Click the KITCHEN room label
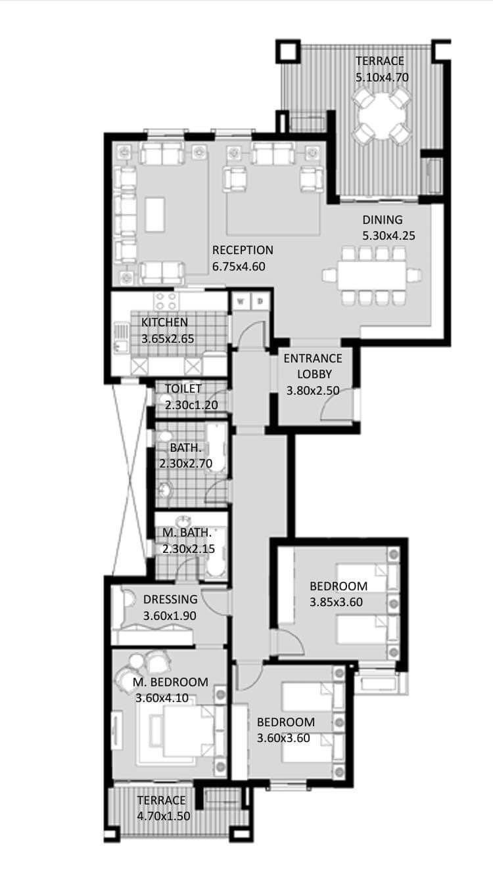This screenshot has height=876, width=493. pos(164,322)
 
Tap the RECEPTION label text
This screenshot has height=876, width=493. pos(243,250)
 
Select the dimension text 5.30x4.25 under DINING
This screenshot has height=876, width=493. pos(389,236)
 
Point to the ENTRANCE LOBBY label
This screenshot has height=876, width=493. pos(313,366)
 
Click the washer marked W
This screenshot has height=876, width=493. pos(241,301)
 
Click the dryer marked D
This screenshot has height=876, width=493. pos(260,301)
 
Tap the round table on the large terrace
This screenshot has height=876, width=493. pos(383,116)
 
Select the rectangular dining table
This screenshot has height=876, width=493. pos(372,275)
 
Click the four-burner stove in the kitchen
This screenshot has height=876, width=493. pos(166,301)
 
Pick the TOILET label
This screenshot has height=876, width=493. pos(183,389)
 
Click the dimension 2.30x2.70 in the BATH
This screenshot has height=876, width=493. pos(186,464)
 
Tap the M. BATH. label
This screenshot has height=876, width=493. pos(187,533)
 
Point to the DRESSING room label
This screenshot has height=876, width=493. pos(170,599)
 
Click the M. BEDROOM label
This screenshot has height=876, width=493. pos(170,682)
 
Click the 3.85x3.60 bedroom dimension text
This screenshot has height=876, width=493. pos(337,602)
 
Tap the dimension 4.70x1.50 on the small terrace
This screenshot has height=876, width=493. pos(164,816)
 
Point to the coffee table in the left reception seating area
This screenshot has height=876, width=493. pos(155,214)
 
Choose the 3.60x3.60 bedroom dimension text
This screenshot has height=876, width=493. pos(283,738)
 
